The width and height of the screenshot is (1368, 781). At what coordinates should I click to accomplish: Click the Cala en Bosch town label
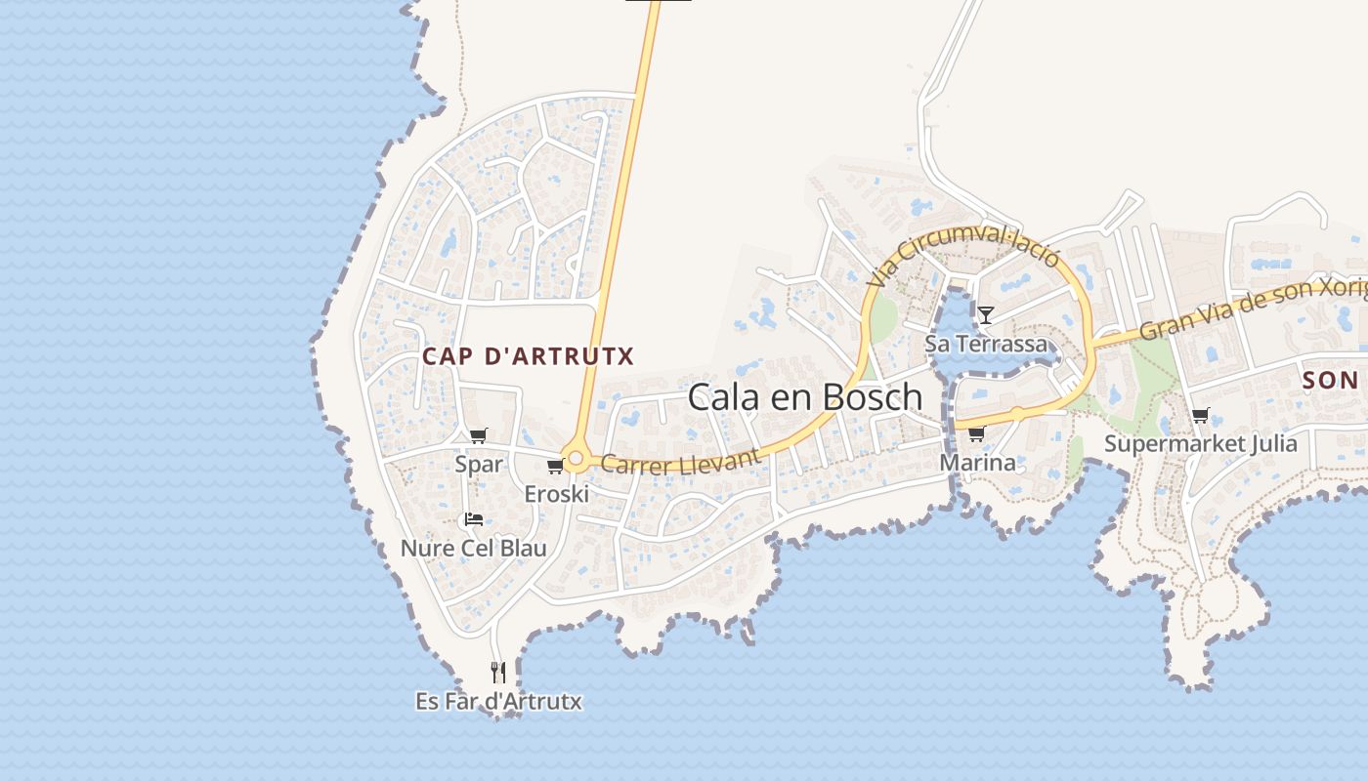pos(804,396)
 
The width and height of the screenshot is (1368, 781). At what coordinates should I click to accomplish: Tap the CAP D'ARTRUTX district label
pos(528,357)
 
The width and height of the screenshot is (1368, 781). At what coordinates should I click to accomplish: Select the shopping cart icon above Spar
pos(478,435)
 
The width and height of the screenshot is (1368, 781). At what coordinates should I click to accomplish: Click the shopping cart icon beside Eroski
pos(555,467)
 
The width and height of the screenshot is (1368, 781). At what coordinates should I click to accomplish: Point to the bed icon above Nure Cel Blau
pos(474,519)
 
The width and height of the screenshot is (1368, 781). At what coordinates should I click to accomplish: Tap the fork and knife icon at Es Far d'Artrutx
pos(498,672)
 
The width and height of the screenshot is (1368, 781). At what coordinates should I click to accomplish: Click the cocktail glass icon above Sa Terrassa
pos(986,314)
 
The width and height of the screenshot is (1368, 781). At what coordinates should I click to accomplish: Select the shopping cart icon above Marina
pos(976,433)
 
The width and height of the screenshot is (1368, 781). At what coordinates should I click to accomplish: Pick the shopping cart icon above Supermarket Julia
pos(1200,416)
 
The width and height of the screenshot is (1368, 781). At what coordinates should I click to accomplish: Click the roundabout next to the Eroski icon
pos(577,458)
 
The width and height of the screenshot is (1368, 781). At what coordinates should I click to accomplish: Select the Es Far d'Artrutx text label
pos(498,701)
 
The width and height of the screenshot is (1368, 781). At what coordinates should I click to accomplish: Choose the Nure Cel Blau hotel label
pos(474,548)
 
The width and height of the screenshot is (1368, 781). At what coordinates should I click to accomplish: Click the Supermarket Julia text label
pos(1200,444)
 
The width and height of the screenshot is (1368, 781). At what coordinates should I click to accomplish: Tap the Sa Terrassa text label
pos(986,344)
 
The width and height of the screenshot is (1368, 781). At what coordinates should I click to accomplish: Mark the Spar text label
pos(479,464)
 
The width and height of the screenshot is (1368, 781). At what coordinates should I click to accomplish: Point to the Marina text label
pos(977,462)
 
